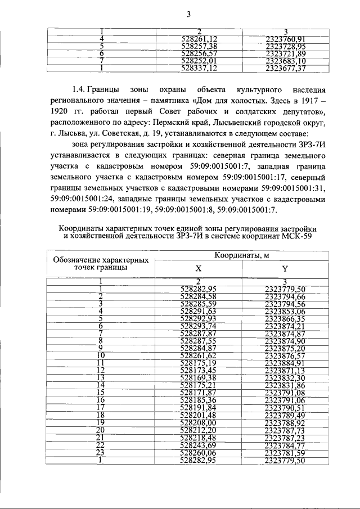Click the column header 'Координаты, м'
coord(241,256)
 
